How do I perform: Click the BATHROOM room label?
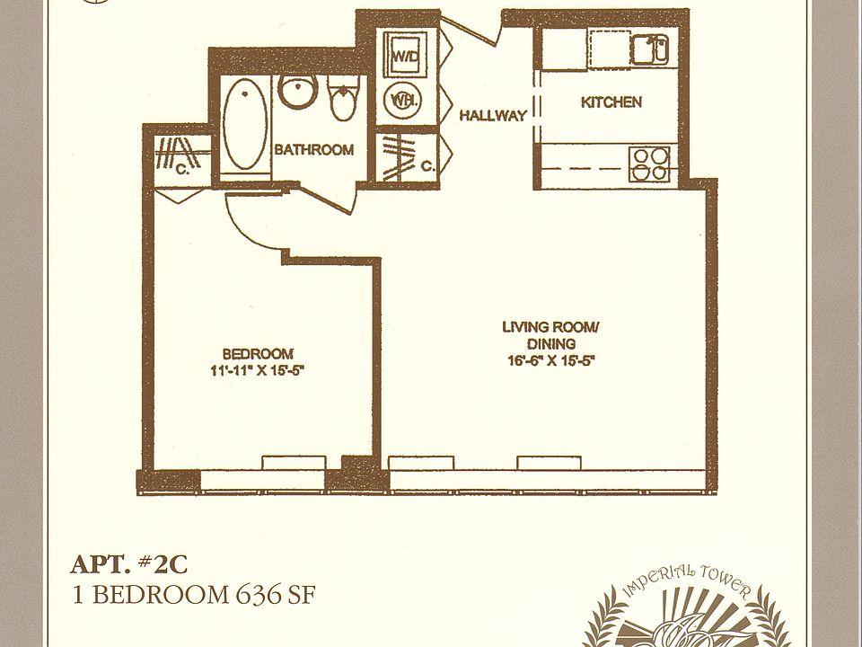[313, 150]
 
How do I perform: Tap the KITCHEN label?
[611, 102]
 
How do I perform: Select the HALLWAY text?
[493, 116]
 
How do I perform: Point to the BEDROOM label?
[258, 353]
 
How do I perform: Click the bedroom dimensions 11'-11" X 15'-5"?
[258, 369]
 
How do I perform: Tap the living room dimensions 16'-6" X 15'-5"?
[550, 360]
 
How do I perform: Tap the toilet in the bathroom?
[342, 100]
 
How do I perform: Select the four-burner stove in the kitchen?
[649, 163]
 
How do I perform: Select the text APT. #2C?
[130, 565]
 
